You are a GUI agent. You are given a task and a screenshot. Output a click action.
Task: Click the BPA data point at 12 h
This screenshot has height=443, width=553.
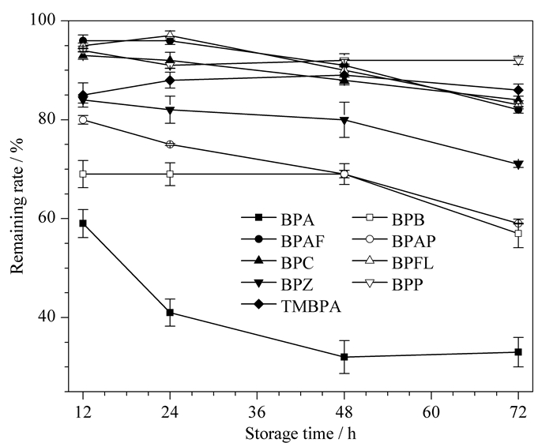point(83,223)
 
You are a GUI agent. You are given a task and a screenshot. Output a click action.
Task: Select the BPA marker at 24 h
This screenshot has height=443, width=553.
point(170,312)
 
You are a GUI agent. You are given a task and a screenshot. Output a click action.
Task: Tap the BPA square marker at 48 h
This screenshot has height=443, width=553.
point(344,357)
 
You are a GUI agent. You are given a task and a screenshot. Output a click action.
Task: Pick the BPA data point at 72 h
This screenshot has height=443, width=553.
point(518,352)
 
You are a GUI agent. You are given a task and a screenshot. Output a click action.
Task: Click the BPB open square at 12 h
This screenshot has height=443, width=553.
point(83,174)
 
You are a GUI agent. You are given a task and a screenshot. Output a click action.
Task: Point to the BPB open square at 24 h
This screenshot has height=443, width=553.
point(170,174)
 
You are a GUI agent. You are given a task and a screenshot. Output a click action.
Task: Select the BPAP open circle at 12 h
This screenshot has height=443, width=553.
point(83,120)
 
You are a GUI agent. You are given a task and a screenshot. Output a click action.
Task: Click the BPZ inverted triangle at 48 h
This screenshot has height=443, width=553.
point(344,121)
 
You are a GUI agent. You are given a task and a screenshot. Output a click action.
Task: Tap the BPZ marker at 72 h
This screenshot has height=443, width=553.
point(518,164)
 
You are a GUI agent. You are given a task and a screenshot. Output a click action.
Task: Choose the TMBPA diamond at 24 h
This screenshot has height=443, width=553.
point(170,81)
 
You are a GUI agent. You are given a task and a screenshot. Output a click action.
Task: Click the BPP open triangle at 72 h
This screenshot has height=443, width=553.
point(518,61)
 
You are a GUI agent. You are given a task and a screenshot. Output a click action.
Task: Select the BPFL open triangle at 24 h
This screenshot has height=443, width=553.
point(170,35)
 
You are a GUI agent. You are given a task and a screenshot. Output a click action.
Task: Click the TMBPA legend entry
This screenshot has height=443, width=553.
point(292,306)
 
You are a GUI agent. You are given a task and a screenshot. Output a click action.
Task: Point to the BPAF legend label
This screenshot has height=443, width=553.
point(303,242)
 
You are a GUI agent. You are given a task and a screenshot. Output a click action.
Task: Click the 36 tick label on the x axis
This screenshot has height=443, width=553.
point(257,411)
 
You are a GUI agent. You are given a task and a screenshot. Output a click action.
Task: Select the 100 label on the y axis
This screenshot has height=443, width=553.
point(43,20)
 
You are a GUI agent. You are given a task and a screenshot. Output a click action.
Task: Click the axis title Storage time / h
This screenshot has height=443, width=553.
point(300,434)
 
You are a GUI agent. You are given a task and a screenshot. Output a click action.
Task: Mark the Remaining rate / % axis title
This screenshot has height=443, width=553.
point(17,205)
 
